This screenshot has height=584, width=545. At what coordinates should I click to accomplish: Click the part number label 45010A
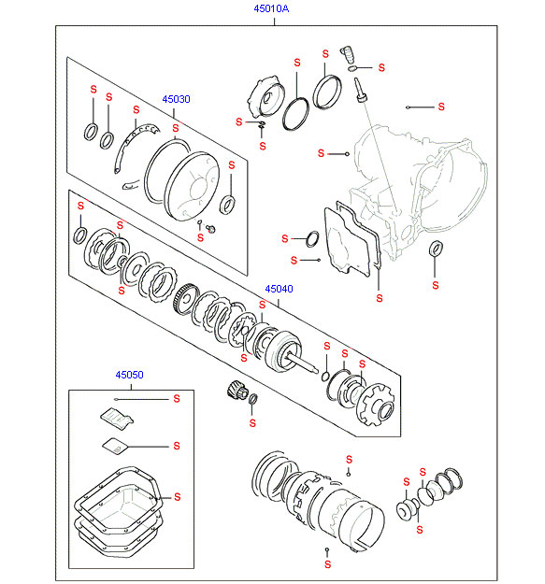(x=271, y=8)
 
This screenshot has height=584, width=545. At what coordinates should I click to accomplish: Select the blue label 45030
(x=176, y=99)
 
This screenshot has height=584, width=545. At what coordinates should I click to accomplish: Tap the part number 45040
(x=279, y=289)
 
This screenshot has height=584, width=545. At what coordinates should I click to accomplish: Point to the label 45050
(x=129, y=375)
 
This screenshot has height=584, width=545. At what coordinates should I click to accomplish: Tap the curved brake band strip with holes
(x=134, y=147)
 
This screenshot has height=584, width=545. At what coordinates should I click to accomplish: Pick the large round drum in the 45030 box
(x=192, y=185)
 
